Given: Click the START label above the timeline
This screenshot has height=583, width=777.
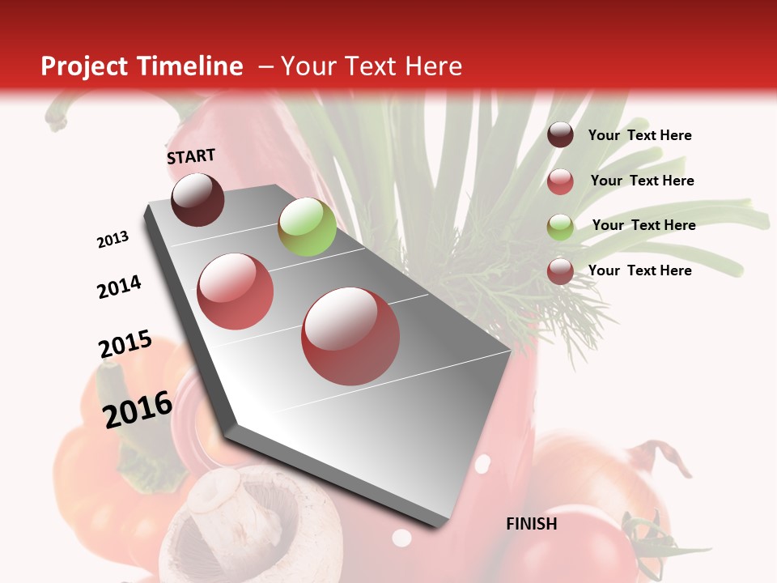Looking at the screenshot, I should pyautogui.click(x=191, y=156).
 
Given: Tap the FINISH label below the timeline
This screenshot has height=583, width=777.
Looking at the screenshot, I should pyautogui.click(x=532, y=524).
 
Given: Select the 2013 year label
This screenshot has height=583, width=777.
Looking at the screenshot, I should pyautogui.click(x=113, y=240).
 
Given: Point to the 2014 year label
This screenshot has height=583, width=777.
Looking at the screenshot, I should pyautogui.click(x=119, y=287).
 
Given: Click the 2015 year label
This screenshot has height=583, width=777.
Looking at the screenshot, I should pyautogui.click(x=125, y=344).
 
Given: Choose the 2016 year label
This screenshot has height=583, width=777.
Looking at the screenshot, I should pyautogui.click(x=138, y=409).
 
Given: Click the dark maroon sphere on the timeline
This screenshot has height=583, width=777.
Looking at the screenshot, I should pyautogui.click(x=197, y=199).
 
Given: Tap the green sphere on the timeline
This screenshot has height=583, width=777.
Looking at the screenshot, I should pyautogui.click(x=307, y=227).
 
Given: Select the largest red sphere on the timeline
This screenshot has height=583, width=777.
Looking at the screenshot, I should pyautogui.click(x=350, y=336).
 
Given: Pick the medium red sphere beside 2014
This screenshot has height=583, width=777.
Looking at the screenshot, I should pyautogui.click(x=236, y=291).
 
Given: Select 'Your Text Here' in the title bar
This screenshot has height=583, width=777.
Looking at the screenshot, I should pyautogui.click(x=371, y=66).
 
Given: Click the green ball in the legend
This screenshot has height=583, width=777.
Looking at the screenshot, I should pyautogui.click(x=560, y=227).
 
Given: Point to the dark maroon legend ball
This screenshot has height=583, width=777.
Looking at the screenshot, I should pyautogui.click(x=560, y=135).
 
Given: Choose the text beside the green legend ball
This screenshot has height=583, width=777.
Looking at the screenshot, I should pyautogui.click(x=643, y=225).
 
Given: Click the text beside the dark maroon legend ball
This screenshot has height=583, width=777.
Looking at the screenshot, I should pyautogui.click(x=639, y=135).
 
